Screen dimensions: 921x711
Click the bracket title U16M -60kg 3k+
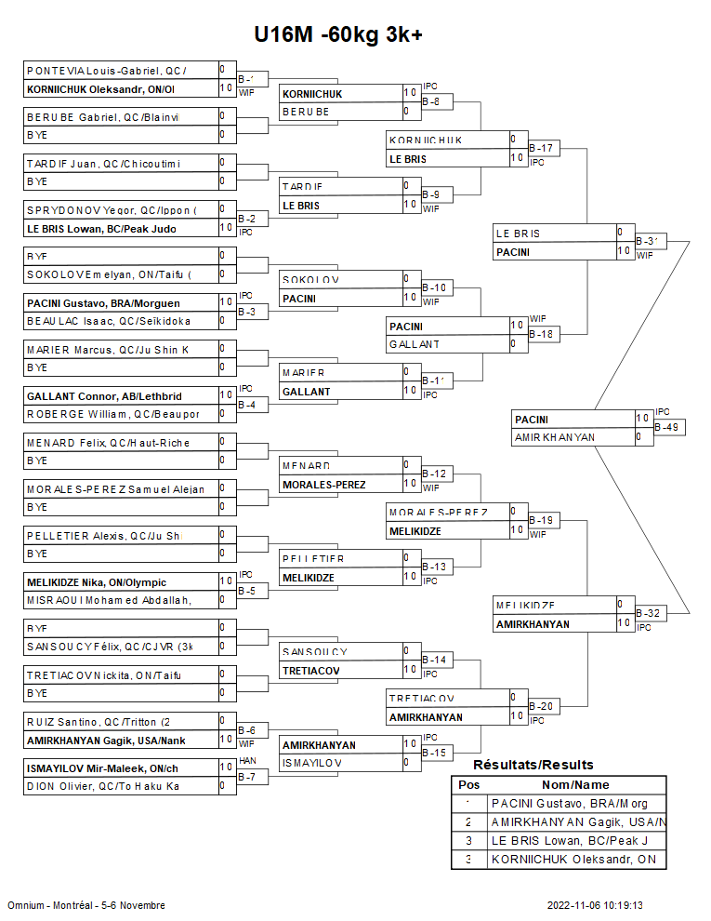pyautogui.click(x=338, y=34)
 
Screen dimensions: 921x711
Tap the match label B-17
pyautogui.click(x=541, y=148)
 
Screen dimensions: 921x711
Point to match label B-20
pyautogui.click(x=541, y=707)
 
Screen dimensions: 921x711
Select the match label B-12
pyautogui.click(x=434, y=474)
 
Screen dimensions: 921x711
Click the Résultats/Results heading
pyautogui.click(x=533, y=765)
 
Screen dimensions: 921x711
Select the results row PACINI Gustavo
pyautogui.click(x=570, y=804)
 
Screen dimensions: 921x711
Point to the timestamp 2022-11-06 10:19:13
pyautogui.click(x=596, y=905)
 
